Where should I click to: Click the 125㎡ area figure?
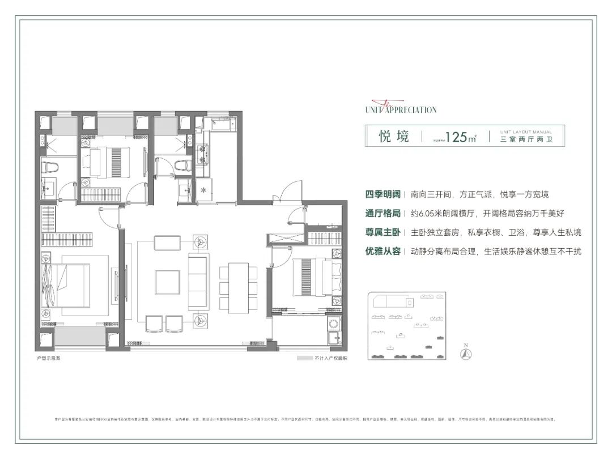pos(460,138)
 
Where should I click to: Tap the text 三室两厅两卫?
pos(526,140)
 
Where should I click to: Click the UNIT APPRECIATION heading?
pos(401,109)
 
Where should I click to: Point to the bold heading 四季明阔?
pos(382,194)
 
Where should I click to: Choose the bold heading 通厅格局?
pos(382,213)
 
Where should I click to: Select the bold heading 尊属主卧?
pos(382,232)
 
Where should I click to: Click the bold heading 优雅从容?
pos(382,251)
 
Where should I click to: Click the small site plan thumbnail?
pos(406,326)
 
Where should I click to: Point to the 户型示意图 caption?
pos(48,358)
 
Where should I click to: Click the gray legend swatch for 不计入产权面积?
pos(304,358)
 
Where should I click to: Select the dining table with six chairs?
pos(238,287)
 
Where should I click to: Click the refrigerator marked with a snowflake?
pos(203,189)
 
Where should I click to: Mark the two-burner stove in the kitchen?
pos(202,151)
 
